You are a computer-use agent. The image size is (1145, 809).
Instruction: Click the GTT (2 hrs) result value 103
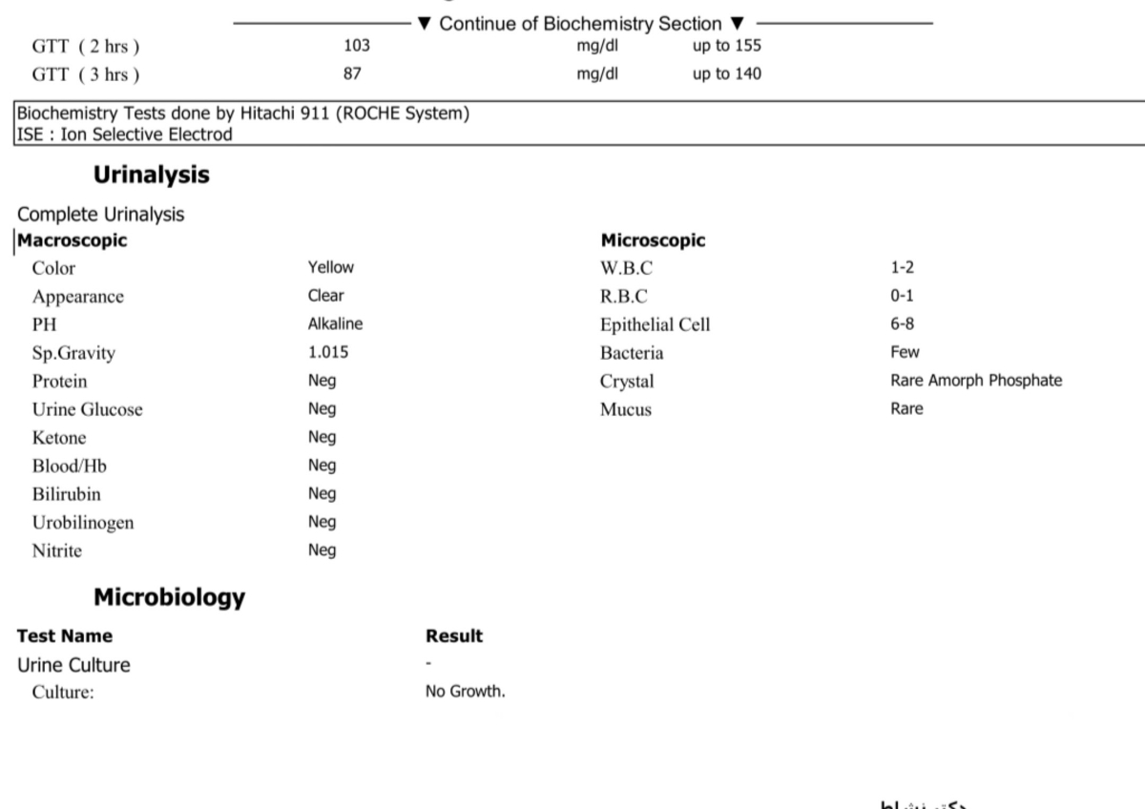(356, 45)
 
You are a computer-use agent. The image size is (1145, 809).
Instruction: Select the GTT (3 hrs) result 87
(352, 73)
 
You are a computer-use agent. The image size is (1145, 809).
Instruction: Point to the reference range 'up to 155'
(726, 45)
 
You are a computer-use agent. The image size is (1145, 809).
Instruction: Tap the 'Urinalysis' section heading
(151, 176)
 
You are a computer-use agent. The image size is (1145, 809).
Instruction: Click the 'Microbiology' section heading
(169, 598)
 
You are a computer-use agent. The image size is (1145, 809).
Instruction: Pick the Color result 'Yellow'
(330, 268)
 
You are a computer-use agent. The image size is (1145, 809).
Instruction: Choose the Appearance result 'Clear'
(326, 296)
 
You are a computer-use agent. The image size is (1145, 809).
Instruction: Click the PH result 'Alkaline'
(335, 324)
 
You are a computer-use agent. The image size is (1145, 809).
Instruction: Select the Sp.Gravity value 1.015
(328, 352)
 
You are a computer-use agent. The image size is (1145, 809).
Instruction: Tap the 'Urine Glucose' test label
(87, 409)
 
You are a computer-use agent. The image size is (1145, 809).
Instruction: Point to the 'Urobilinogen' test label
(83, 523)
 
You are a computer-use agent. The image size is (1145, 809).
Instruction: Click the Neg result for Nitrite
(322, 550)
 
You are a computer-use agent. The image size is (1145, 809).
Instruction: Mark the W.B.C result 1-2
(903, 268)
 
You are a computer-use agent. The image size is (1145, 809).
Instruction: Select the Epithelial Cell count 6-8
(903, 324)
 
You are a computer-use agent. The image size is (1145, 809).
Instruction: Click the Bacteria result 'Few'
(905, 352)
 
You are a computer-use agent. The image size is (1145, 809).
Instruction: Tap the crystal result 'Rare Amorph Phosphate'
(975, 381)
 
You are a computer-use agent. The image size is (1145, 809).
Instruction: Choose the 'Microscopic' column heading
(653, 240)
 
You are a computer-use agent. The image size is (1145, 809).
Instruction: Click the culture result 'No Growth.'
(465, 693)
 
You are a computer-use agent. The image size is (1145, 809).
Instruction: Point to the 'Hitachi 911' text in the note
(282, 114)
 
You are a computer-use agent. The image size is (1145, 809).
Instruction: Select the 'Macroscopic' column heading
(73, 240)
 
